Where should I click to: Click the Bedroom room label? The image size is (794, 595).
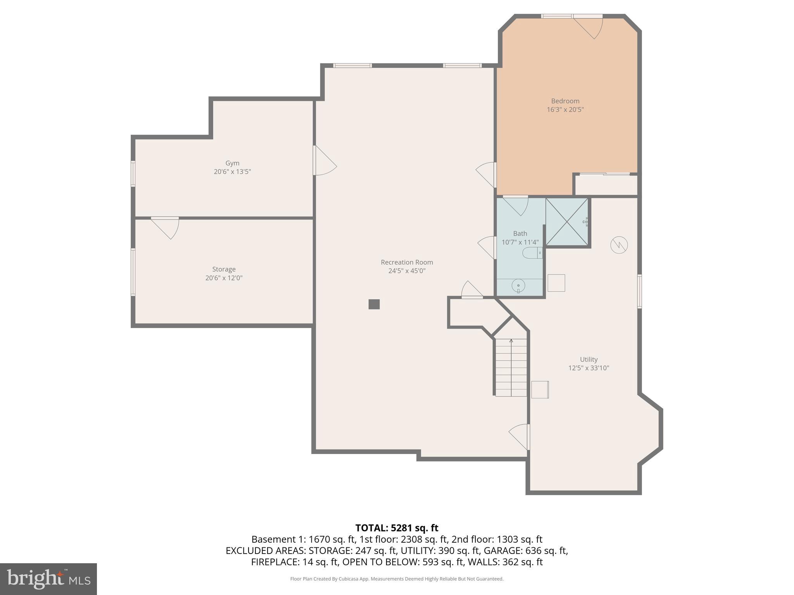(x=565, y=101)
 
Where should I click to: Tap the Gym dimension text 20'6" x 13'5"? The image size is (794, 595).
(x=232, y=172)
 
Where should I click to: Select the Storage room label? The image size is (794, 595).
(x=224, y=269)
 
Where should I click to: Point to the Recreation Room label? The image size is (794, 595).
(x=407, y=262)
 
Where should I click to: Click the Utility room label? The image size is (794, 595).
(x=589, y=359)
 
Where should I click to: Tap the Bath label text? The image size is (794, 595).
(x=520, y=234)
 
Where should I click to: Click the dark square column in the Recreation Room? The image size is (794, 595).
(x=374, y=304)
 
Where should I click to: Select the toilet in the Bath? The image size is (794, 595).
(x=532, y=253)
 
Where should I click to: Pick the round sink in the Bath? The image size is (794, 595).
(x=518, y=286)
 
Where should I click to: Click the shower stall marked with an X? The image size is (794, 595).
(x=567, y=222)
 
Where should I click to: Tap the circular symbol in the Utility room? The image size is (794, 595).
(x=619, y=245)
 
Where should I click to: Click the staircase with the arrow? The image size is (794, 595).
(x=511, y=367)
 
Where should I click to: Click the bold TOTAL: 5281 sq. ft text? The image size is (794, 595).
(x=397, y=528)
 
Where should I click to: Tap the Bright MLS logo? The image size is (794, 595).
(x=48, y=579)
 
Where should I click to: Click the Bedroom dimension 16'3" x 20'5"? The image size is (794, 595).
(x=565, y=110)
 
